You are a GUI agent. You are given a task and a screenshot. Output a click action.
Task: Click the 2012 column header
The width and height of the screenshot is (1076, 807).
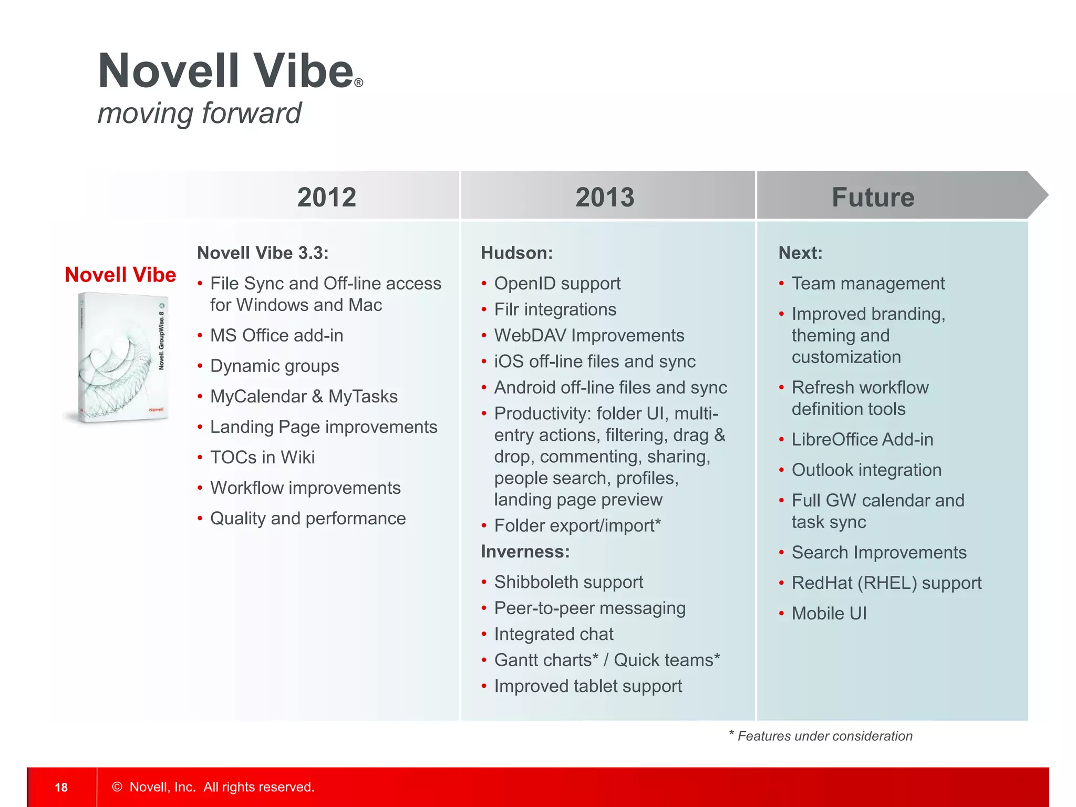pyautogui.click(x=326, y=197)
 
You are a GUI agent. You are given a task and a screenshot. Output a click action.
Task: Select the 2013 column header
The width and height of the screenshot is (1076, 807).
pyautogui.click(x=605, y=197)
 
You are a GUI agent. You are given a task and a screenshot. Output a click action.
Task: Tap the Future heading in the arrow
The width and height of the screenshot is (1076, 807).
pyautogui.click(x=873, y=197)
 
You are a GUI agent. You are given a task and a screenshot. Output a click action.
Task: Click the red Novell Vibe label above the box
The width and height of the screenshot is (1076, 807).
pyautogui.click(x=120, y=275)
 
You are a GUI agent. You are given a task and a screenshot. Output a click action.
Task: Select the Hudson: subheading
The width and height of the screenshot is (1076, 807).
pyautogui.click(x=517, y=253)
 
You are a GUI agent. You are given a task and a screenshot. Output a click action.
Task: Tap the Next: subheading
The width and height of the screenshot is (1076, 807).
pyautogui.click(x=800, y=253)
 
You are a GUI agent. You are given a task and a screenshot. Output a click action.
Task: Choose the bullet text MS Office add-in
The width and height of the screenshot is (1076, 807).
pyautogui.click(x=276, y=335)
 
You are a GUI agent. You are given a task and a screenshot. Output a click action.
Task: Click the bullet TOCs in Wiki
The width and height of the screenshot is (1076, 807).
pyautogui.click(x=262, y=457)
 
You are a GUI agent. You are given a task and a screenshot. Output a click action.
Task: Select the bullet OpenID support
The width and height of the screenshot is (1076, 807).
pyautogui.click(x=557, y=283)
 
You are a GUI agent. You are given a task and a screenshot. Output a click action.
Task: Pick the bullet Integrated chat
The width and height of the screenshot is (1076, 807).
pyautogui.click(x=554, y=634)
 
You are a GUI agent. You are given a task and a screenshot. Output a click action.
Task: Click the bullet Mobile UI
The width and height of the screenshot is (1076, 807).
pyautogui.click(x=829, y=613)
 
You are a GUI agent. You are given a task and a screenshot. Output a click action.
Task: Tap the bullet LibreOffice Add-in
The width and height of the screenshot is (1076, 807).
pyautogui.click(x=862, y=439)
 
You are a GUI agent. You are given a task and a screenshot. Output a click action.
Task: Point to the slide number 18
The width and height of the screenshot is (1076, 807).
pyautogui.click(x=61, y=787)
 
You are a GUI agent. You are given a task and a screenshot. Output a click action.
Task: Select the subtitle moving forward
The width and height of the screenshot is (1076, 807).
pyautogui.click(x=199, y=113)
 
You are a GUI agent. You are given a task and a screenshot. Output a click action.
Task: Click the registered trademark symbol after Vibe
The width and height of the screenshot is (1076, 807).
pyautogui.click(x=358, y=83)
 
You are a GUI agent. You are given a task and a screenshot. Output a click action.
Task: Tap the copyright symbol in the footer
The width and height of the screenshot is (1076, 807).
pyautogui.click(x=117, y=787)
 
